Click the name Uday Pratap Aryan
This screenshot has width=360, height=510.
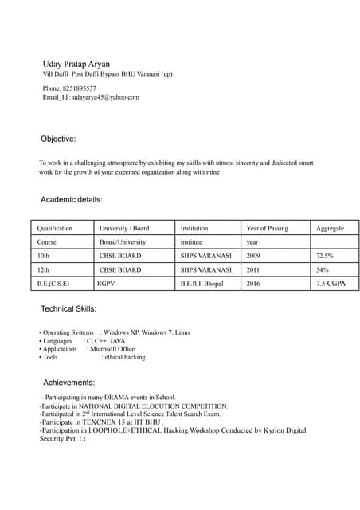point(76,62)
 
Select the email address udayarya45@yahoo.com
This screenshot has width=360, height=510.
point(106,97)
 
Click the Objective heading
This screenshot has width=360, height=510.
point(58,139)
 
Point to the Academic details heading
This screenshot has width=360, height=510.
point(71,199)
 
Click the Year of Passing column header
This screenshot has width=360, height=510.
point(268,228)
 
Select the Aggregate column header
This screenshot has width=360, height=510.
point(330,228)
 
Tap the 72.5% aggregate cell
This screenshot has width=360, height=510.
point(325,256)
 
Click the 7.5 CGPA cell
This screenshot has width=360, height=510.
point(331,283)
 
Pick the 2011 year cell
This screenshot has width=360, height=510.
point(253,270)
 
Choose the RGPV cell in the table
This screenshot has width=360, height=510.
point(106,284)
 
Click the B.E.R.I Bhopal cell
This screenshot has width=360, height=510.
point(202,284)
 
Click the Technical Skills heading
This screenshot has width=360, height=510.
point(68,308)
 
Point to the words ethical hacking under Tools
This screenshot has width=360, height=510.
point(125,358)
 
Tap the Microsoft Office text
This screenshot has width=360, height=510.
point(112,349)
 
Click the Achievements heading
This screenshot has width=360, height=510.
point(69,382)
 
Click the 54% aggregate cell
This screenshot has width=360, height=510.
point(322,270)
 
